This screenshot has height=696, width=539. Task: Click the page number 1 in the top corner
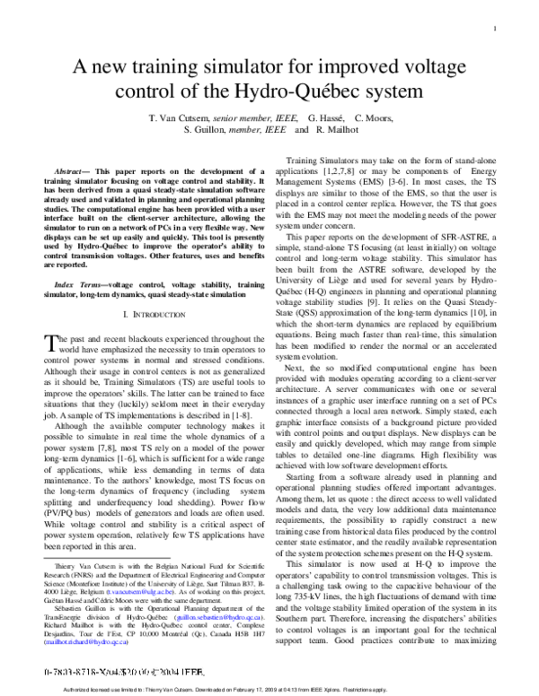[495, 29]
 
